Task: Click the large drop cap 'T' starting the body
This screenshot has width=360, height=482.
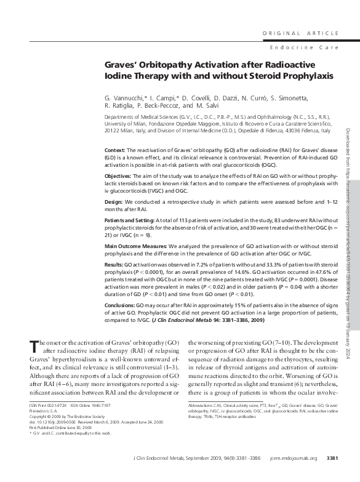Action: (34, 346)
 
